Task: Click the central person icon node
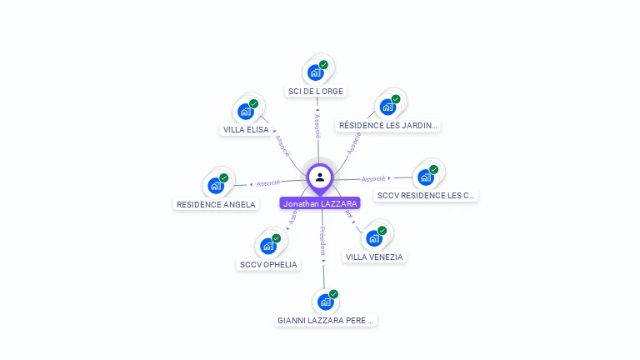[320, 177]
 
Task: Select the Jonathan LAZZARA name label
[320, 203]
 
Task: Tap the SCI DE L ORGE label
[315, 92]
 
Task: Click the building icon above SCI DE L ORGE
[315, 72]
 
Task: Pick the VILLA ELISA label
[246, 130]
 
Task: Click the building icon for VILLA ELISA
[245, 111]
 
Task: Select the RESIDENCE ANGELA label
[217, 204]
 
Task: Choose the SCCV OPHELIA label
[268, 265]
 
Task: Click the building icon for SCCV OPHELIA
[267, 246]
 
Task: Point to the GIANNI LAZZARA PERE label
[326, 320]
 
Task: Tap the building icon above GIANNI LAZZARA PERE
[325, 301]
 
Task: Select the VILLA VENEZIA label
[374, 257]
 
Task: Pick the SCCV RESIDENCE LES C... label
[426, 196]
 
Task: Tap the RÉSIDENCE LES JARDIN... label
[387, 126]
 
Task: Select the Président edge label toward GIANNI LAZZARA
[322, 240]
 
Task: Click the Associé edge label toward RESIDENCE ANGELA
[267, 182]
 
